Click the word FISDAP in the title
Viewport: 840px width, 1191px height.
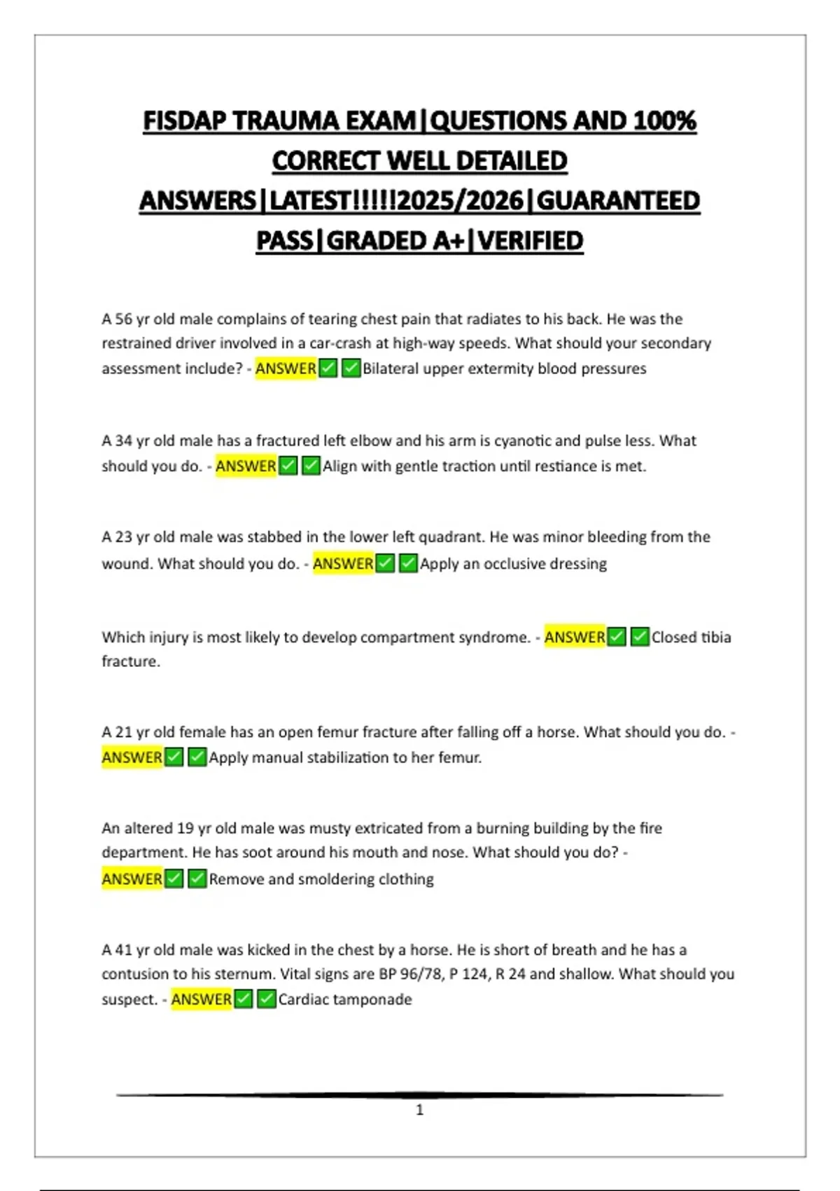click(185, 121)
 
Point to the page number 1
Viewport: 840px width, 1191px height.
click(420, 1110)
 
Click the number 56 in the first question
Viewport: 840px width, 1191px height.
click(123, 319)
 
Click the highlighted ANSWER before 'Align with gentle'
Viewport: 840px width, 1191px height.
click(246, 466)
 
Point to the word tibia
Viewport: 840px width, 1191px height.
click(715, 638)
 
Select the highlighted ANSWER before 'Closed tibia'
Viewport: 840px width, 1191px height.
click(575, 638)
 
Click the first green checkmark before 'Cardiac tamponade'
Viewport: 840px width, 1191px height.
click(243, 999)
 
